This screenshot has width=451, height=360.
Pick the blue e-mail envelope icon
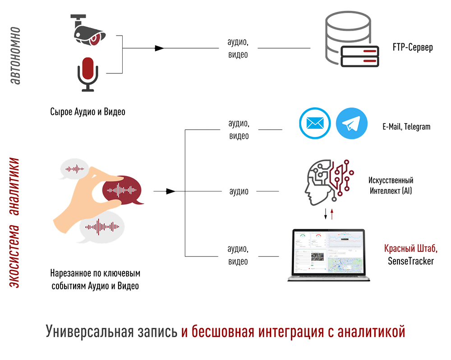[314, 123]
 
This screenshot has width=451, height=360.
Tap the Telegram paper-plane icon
[352, 123]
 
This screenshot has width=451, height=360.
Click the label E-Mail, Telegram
[406, 127]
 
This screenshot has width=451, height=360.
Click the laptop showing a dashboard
[328, 255]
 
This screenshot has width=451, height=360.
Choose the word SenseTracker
[410, 260]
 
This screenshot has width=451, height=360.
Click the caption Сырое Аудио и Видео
[87, 112]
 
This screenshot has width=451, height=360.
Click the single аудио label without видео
[239, 191]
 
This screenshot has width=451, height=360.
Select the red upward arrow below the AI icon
[332, 214]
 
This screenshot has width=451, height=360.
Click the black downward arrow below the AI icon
[326, 214]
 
